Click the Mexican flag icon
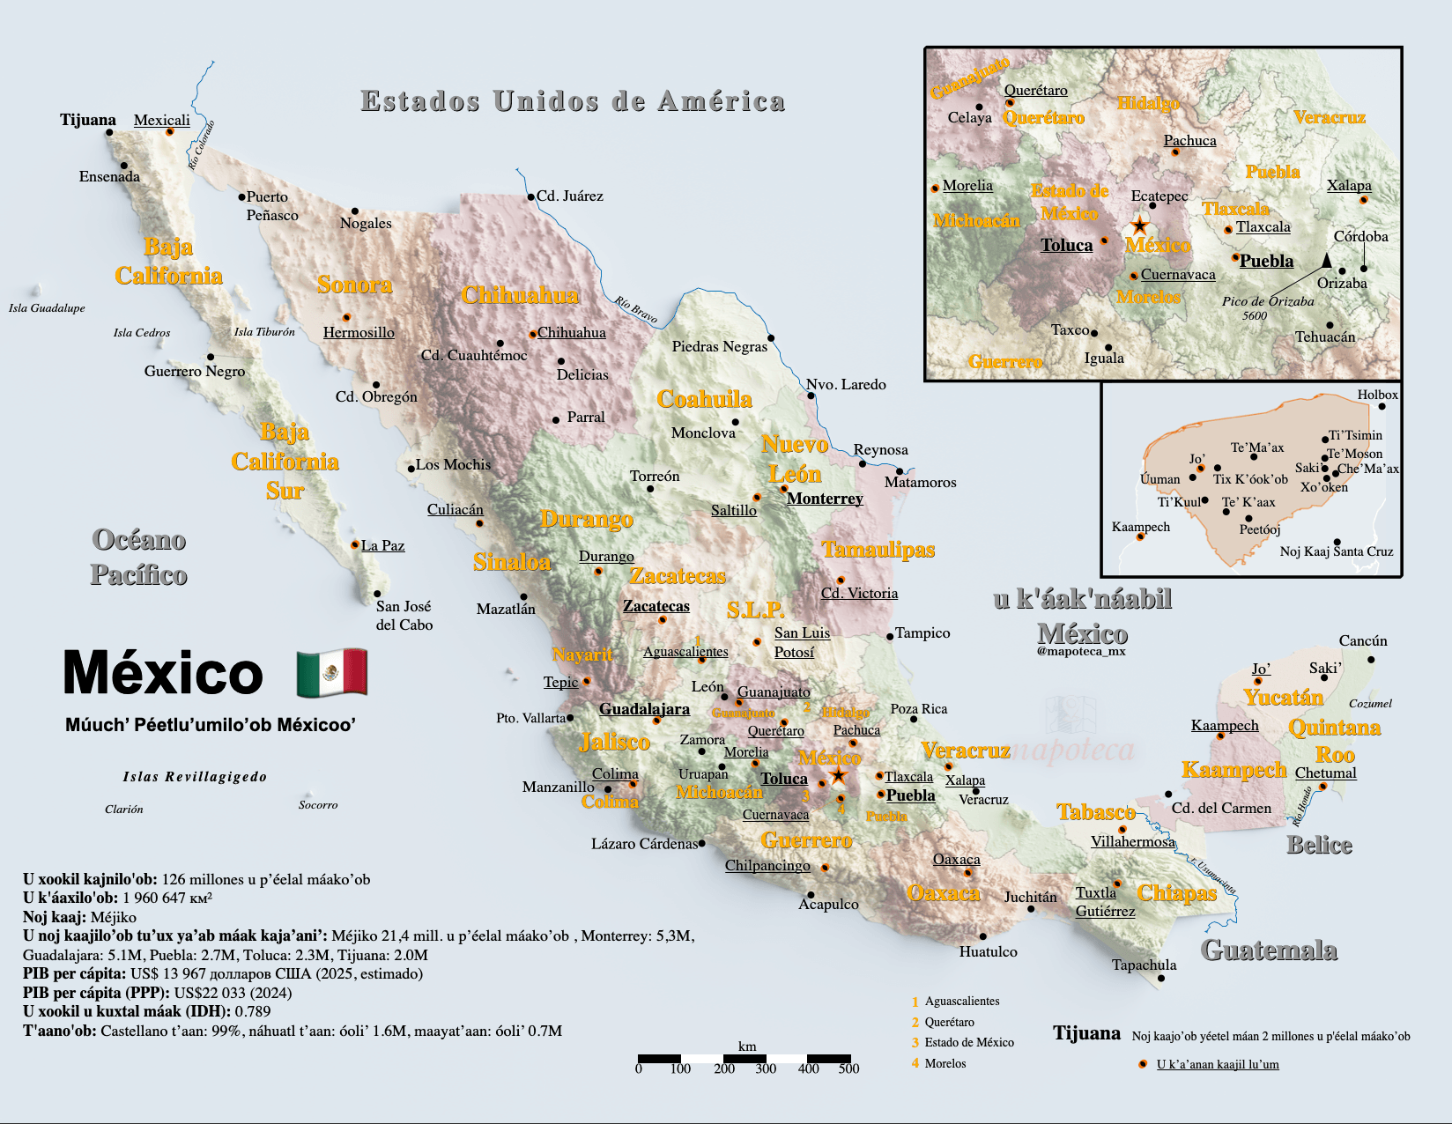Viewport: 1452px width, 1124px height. pos(331,673)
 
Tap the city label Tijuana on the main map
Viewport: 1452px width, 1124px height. pos(88,120)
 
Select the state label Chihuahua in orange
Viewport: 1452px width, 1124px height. pos(520,295)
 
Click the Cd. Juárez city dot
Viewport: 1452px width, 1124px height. pos(530,197)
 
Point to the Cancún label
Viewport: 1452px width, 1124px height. pos(1363,641)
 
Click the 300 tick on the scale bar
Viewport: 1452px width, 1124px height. pos(766,1069)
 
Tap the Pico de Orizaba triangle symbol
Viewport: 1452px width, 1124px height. pos(1327,260)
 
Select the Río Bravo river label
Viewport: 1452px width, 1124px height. pos(636,309)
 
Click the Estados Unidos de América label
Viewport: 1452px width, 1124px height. pos(573,101)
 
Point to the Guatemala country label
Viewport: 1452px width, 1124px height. pos(1269,950)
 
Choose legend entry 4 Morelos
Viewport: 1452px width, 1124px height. pos(945,1063)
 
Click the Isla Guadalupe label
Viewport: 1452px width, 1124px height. pos(47,308)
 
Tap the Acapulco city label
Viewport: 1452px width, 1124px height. pos(828,904)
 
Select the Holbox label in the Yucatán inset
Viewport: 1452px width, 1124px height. pos(1377,395)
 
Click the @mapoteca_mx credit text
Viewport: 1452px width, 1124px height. pos(1081,651)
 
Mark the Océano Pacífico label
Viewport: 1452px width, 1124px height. pos(139,557)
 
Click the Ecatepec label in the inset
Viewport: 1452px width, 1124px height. pos(1159,196)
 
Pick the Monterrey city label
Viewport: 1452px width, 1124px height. pos(825,499)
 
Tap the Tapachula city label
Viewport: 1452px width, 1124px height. pos(1144,965)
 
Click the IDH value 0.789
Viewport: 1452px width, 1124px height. pos(253,1011)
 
